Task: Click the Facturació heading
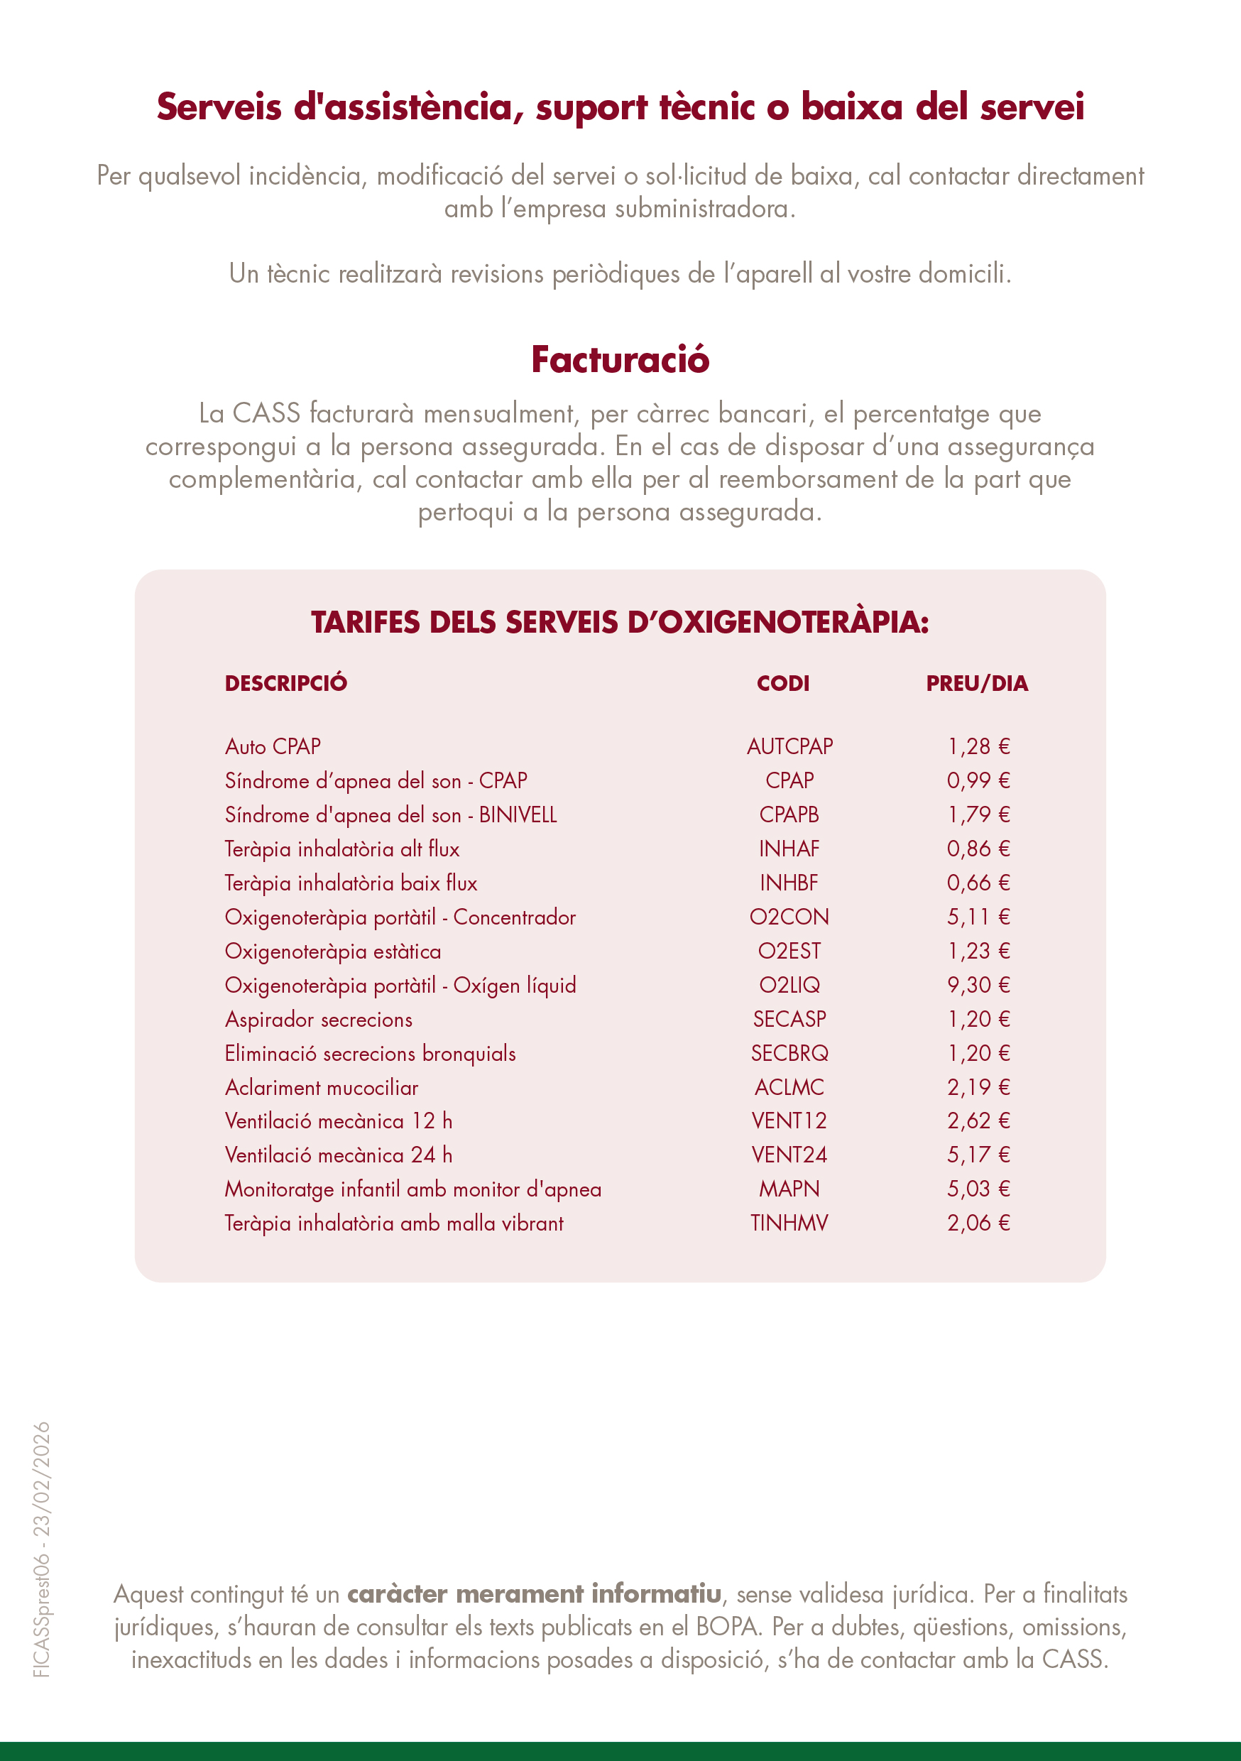pos(620,360)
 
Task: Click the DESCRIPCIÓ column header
pos(285,683)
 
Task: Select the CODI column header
pos(782,683)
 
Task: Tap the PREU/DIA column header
pos(976,683)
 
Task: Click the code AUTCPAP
pos(789,746)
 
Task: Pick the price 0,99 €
pos(978,781)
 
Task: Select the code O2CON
pos(789,917)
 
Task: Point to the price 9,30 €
pos(978,985)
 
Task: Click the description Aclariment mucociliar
pos(322,1088)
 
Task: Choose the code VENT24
pos(789,1155)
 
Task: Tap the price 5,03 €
pos(978,1189)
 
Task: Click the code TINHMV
pos(789,1223)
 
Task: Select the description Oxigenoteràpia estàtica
pos(333,952)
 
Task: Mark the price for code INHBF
pos(978,883)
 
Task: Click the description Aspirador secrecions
pos(318,1020)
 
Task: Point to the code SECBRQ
pos(789,1053)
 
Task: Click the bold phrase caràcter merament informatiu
pos(534,1594)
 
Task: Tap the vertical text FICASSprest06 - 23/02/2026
pos(42,1549)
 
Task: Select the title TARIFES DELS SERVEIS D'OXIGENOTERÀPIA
pos(620,622)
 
